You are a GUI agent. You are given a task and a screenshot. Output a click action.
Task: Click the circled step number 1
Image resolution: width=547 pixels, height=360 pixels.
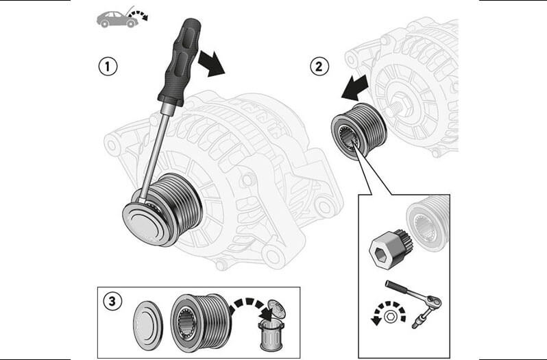108,67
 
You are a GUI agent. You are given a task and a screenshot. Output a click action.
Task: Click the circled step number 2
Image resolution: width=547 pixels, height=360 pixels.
319,66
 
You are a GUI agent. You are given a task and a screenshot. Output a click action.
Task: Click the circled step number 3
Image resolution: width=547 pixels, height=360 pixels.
112,301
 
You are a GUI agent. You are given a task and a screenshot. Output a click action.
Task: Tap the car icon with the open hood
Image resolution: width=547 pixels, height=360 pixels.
122,17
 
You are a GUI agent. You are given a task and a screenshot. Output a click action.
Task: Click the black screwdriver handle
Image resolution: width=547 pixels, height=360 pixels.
180,62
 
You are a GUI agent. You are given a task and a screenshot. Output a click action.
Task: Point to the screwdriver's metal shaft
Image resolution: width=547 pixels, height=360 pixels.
154,152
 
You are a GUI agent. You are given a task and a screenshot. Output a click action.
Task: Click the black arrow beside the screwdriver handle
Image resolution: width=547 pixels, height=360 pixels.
211,64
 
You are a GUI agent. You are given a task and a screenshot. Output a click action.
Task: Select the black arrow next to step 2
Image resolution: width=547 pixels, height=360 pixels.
354,87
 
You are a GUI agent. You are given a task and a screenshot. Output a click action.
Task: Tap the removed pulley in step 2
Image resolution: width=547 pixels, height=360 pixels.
358,131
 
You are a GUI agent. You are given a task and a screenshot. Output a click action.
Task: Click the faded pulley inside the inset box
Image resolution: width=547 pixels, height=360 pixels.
428,224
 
